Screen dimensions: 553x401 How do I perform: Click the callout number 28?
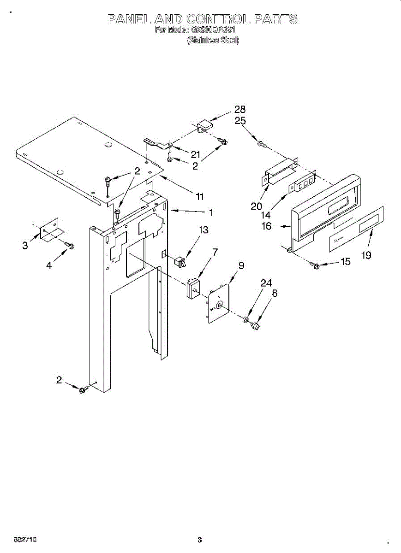tap(239, 110)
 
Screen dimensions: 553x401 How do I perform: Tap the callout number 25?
tap(240, 121)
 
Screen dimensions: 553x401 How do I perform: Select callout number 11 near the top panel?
tap(199, 196)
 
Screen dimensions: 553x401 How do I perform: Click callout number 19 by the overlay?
tap(366, 255)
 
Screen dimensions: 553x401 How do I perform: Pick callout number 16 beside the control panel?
tap(267, 227)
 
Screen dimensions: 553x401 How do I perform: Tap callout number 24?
tap(266, 283)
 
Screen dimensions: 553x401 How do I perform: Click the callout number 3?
tap(25, 246)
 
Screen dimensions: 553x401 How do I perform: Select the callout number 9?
tap(241, 265)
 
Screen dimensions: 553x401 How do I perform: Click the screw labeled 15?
tap(316, 265)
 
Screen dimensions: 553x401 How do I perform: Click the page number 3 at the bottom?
tap(199, 540)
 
